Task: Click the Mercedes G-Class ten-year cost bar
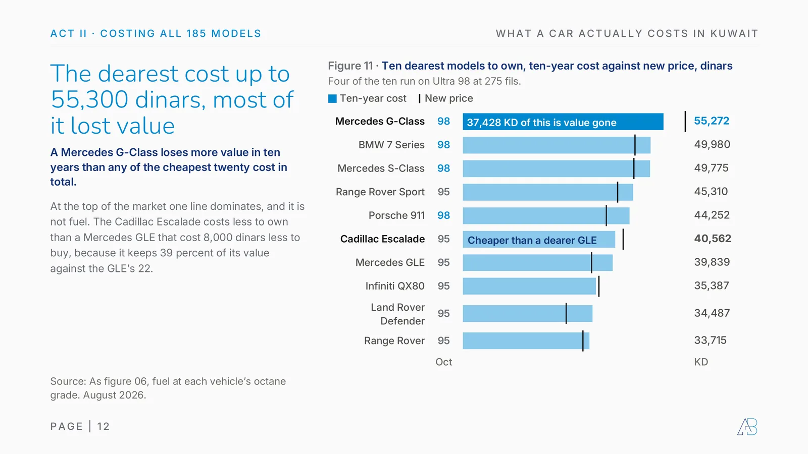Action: pos(563,122)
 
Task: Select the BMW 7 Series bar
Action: pos(557,145)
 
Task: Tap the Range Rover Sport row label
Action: pos(380,192)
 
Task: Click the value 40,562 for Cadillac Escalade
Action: pos(713,239)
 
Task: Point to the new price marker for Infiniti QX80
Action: pos(599,287)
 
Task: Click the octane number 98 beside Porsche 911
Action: pos(444,215)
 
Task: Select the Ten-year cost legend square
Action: pos(332,99)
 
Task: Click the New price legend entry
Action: pos(446,98)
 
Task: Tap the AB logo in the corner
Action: pos(747,427)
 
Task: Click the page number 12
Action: pos(103,427)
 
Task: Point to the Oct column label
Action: pos(444,362)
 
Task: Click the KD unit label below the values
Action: pos(701,362)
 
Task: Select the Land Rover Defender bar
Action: pos(527,313)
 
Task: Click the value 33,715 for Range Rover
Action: pos(710,340)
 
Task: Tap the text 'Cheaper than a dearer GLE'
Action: pos(532,240)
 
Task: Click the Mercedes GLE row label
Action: pos(390,262)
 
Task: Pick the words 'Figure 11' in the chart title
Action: pos(350,66)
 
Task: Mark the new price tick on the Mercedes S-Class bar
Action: pos(634,168)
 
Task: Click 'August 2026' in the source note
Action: pos(114,395)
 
